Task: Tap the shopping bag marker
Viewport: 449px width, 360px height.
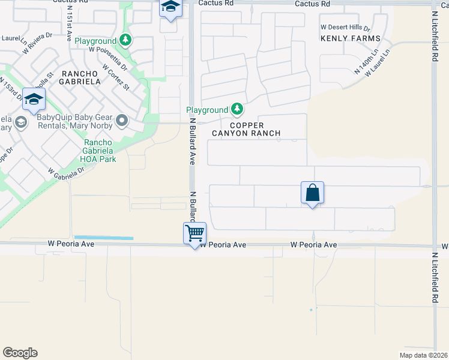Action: pos(312,193)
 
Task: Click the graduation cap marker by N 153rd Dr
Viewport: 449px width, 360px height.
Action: pos(34,99)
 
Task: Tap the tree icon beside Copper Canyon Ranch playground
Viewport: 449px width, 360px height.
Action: pos(238,109)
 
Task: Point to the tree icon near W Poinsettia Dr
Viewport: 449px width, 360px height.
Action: pos(125,40)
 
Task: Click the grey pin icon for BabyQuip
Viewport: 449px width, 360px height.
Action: pos(122,122)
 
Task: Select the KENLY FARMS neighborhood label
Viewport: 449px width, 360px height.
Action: pos(351,38)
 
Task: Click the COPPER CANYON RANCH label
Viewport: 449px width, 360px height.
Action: pos(247,129)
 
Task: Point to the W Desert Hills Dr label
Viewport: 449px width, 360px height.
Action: pos(345,28)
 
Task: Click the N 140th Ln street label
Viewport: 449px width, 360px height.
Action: pos(362,62)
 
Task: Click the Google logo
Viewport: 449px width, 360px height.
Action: pos(20,353)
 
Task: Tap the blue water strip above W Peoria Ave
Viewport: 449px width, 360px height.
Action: pos(103,238)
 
